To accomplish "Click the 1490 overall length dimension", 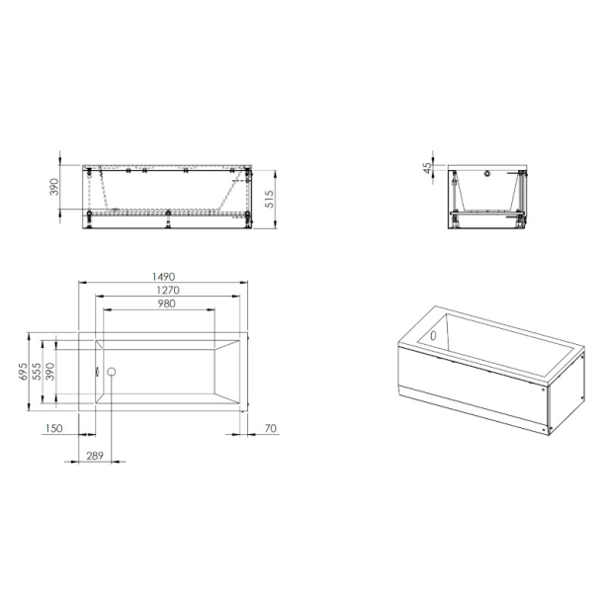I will click(x=163, y=276).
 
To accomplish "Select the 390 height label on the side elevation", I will click(x=56, y=187).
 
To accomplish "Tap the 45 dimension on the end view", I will click(x=428, y=168).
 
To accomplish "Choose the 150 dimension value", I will click(x=54, y=427).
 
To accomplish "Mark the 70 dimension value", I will click(x=270, y=427).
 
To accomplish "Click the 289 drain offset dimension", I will click(x=93, y=456).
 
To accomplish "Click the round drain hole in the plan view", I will click(x=112, y=372).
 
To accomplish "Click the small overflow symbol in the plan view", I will click(x=97, y=372).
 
